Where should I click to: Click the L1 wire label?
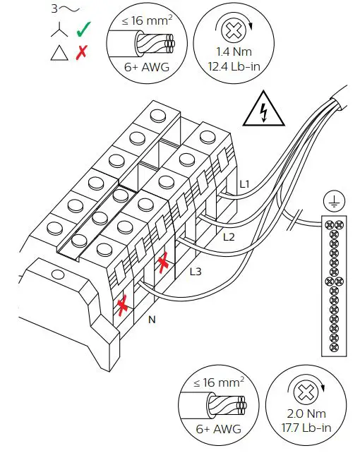click(x=244, y=185)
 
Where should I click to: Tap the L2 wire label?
click(x=228, y=237)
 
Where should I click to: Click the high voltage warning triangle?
click(x=263, y=110)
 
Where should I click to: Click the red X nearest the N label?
click(x=123, y=306)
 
